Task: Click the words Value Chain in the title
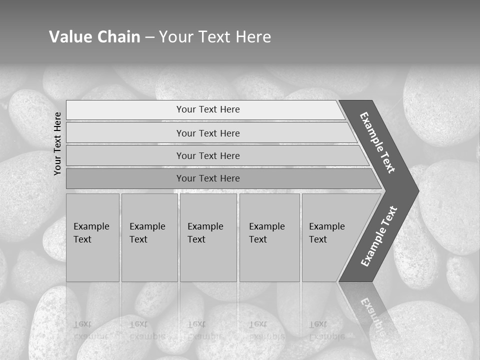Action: click(94, 37)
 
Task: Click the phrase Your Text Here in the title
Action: click(215, 37)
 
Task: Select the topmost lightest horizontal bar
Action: click(125, 110)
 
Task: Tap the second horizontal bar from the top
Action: click(125, 133)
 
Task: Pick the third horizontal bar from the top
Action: click(125, 155)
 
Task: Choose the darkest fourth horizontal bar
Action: click(125, 178)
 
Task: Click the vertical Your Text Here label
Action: click(57, 143)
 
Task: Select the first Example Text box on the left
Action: click(92, 237)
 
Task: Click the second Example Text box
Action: click(149, 237)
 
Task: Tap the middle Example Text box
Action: click(208, 237)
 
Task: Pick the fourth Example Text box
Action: click(269, 237)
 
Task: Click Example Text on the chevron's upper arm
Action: click(377, 142)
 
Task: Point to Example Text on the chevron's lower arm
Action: click(378, 236)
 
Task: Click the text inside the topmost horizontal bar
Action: click(208, 109)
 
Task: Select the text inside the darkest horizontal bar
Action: click(208, 178)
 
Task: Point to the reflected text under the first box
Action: click(85, 330)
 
